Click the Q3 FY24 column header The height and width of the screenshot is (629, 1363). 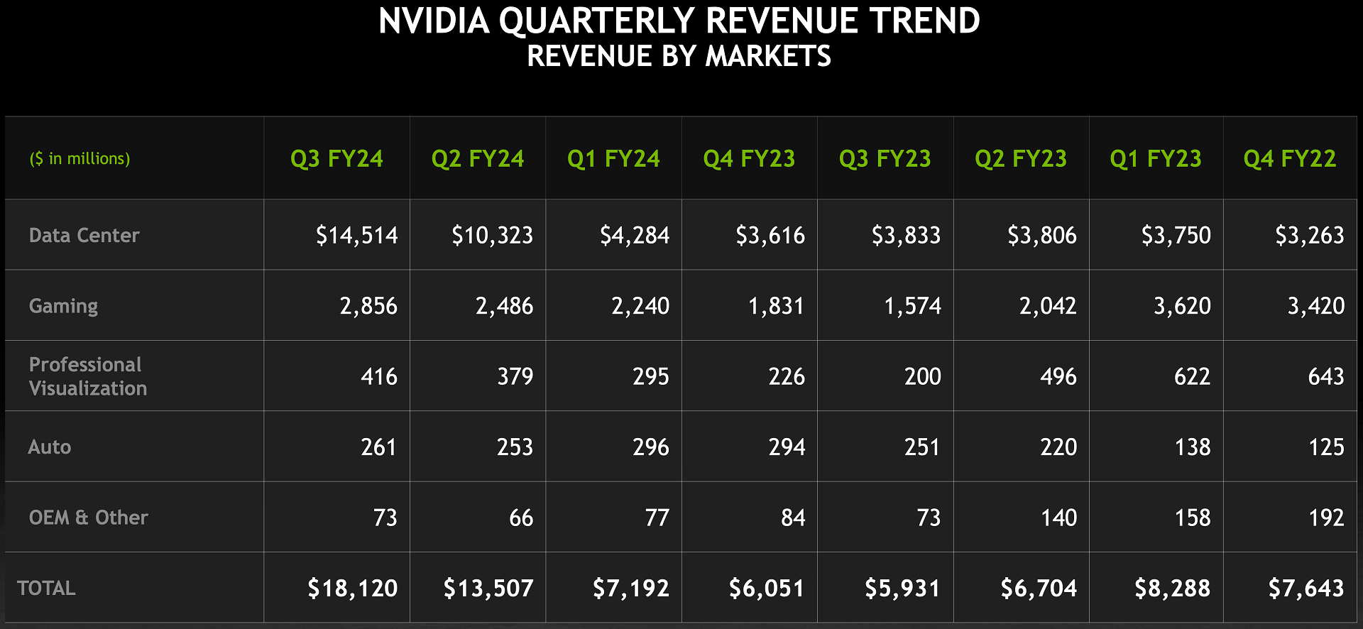(x=336, y=158)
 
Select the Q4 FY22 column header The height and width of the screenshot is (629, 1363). (x=1289, y=158)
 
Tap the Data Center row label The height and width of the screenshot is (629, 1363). (x=84, y=235)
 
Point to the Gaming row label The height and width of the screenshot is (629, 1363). (x=63, y=306)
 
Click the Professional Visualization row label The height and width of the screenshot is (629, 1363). (x=87, y=376)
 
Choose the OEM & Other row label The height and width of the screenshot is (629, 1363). (x=88, y=518)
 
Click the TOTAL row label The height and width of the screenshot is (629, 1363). (x=46, y=588)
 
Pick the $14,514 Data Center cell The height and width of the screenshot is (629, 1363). (x=356, y=235)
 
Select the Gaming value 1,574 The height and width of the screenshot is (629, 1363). (x=912, y=306)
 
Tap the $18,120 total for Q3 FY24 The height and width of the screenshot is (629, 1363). (x=352, y=588)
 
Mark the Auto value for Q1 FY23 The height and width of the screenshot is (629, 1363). (x=1192, y=447)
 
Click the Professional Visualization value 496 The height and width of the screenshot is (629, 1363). (x=1058, y=376)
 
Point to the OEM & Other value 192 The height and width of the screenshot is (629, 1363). (x=1325, y=518)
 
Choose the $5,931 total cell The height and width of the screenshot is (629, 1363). (x=902, y=588)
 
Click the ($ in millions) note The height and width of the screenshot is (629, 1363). (x=80, y=158)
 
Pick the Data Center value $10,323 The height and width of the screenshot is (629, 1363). (x=492, y=235)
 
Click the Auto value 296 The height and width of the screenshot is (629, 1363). (x=650, y=447)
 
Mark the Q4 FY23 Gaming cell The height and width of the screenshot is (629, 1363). (x=776, y=306)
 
